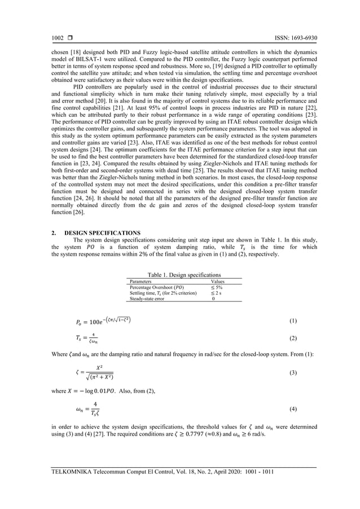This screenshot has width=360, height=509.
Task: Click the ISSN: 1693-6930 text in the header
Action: [x=293, y=38]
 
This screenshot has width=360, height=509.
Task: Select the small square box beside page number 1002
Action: [x=72, y=38]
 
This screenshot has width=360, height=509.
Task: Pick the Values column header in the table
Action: [x=217, y=281]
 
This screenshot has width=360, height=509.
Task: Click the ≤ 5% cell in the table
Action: [x=217, y=287]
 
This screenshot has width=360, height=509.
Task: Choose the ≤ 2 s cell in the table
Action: [x=217, y=293]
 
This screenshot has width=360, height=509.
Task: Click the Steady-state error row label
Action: [x=147, y=299]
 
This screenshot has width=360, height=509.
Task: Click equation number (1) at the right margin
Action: [x=293, y=321]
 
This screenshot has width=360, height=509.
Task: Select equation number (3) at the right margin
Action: [x=293, y=373]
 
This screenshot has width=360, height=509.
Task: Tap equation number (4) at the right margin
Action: [x=293, y=407]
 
